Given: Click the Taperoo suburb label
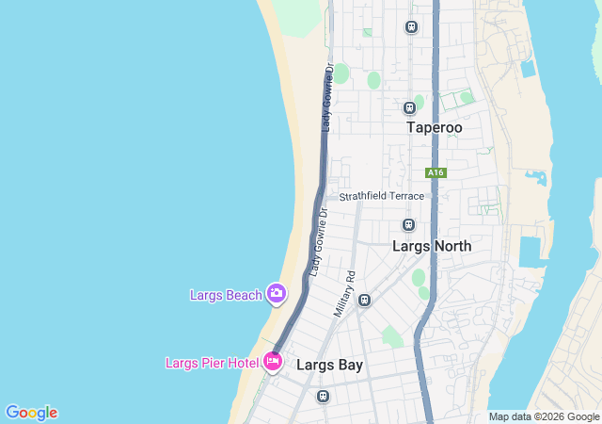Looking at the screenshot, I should tap(434, 127).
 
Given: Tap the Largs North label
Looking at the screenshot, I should tap(432, 246).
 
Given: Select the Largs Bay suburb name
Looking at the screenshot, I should tap(329, 364).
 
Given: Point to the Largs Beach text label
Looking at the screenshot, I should tap(226, 295).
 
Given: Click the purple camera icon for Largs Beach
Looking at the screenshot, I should tap(277, 294).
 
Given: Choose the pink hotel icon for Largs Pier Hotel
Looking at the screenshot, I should tap(273, 361).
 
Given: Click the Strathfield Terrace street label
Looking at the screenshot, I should tap(382, 196).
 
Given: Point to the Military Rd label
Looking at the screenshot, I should tap(343, 293).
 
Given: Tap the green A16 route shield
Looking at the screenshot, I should tap(435, 172).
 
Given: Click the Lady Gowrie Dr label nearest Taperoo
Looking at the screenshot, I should tap(327, 97).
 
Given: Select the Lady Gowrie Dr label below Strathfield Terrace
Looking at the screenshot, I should tap(316, 241).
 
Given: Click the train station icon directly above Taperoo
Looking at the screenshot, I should tap(409, 107).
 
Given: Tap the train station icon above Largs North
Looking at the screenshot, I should tap(408, 224).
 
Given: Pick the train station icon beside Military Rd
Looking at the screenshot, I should tap(364, 300).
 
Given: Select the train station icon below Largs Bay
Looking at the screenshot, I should tap(323, 396).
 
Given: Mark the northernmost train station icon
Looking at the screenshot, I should tap(411, 26).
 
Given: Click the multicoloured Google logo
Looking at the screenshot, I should tap(31, 413).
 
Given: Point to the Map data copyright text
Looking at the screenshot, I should tap(544, 416).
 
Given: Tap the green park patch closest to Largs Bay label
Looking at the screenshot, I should tap(391, 336).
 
